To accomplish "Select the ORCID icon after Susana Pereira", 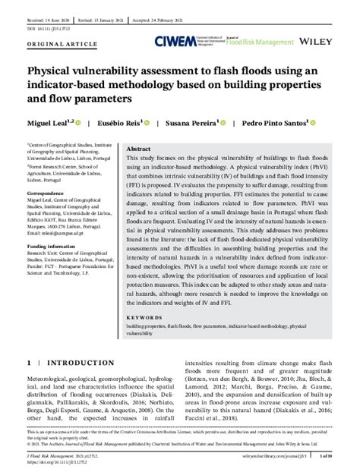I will [227, 121].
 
